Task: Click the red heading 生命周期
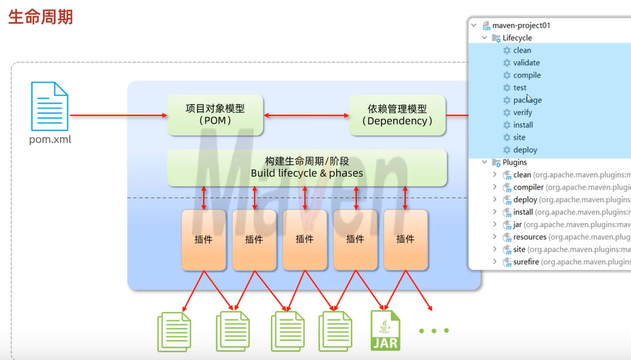tap(40, 17)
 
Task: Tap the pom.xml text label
tap(50, 139)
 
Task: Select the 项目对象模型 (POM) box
tap(215, 115)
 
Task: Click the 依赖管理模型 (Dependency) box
tap(397, 115)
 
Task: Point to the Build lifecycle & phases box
tap(307, 167)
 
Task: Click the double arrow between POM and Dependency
tap(306, 115)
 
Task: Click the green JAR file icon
tap(385, 330)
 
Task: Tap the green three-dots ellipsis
tap(433, 331)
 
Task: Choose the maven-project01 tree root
tap(521, 25)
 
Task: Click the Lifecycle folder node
tap(517, 38)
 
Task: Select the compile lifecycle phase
tap(527, 75)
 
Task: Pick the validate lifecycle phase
tap(526, 63)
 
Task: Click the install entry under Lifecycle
tap(523, 125)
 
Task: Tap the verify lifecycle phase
tap(522, 113)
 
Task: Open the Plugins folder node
tap(515, 162)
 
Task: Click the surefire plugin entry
tap(526, 262)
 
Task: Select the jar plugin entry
tap(518, 225)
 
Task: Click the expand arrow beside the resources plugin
tap(495, 237)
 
